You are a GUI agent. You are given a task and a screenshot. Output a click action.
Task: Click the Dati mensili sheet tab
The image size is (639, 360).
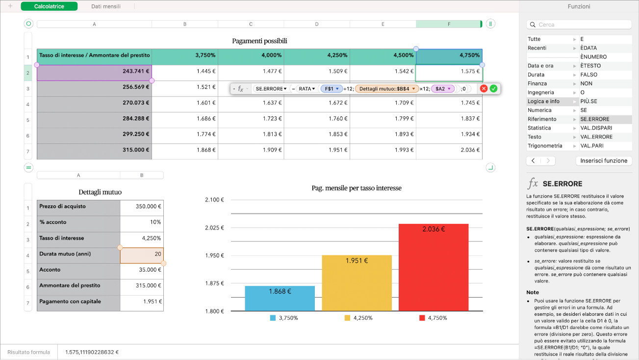pyautogui.click(x=105, y=6)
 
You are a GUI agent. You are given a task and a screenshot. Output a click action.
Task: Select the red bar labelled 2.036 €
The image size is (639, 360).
pyautogui.click(x=434, y=267)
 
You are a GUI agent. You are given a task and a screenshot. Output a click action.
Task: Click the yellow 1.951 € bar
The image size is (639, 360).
pyautogui.click(x=357, y=283)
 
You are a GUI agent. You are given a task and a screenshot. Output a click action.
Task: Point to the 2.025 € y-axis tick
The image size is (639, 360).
pyautogui.click(x=214, y=228)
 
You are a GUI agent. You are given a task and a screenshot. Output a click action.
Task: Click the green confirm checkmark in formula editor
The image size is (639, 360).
pyautogui.click(x=493, y=89)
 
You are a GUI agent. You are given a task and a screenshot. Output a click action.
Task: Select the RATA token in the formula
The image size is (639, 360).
pyautogui.click(x=307, y=89)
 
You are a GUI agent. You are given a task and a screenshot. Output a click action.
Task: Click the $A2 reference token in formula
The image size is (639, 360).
pyautogui.click(x=442, y=89)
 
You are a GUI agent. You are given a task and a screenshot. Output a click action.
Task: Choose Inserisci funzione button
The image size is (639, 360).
pyautogui.click(x=603, y=160)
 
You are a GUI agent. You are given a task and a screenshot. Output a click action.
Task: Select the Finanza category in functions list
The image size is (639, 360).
pyautogui.click(x=537, y=83)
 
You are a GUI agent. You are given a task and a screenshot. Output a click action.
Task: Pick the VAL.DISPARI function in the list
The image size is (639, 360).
pyautogui.click(x=593, y=128)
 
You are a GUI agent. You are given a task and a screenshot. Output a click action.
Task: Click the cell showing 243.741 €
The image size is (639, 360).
pyautogui.click(x=94, y=73)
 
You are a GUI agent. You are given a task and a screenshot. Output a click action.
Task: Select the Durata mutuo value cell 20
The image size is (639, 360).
pyautogui.click(x=142, y=254)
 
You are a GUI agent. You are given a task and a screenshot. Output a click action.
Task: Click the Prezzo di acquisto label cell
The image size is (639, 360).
pyautogui.click(x=78, y=206)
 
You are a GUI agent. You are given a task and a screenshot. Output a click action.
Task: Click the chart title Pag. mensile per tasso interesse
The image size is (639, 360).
pyautogui.click(x=357, y=188)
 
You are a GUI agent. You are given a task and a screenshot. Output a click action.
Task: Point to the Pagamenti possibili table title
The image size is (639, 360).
pyautogui.click(x=259, y=41)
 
